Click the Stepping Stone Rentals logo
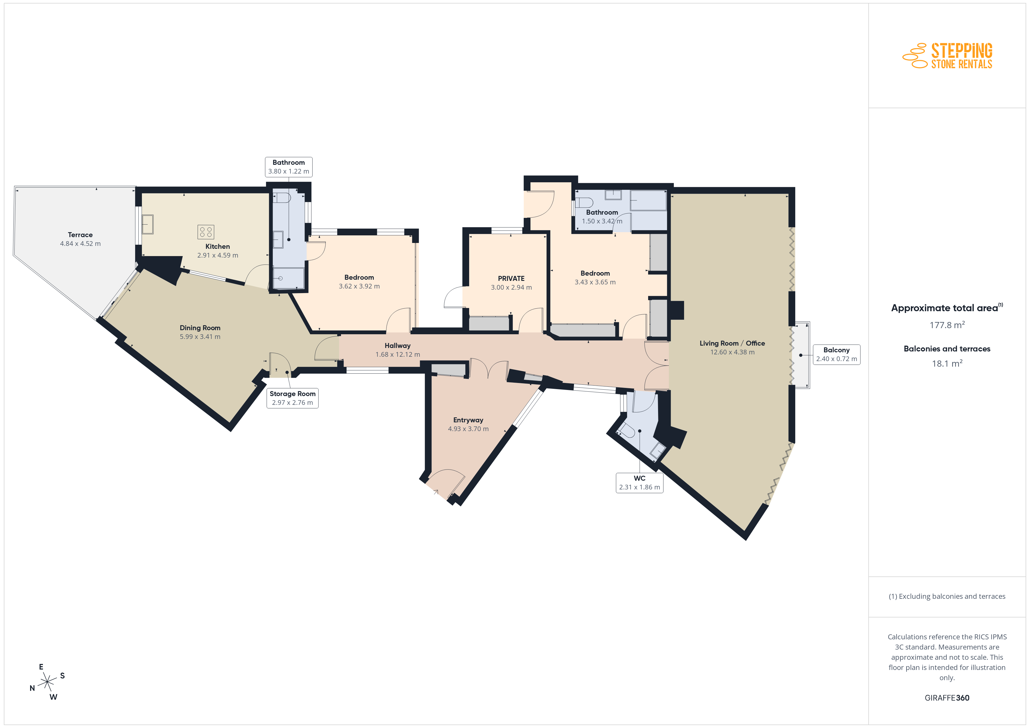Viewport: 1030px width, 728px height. [947, 56]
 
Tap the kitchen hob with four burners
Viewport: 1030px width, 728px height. [206, 232]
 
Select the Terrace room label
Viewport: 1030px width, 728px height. [80, 235]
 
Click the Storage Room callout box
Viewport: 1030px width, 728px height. [293, 398]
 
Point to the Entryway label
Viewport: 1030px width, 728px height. [468, 420]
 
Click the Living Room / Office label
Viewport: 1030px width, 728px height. [732, 343]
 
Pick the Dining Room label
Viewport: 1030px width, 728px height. [200, 328]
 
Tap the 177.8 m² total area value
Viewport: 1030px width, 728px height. [947, 325]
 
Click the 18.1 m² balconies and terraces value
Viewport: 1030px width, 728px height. [947, 363]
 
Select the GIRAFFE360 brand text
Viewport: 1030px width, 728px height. [947, 698]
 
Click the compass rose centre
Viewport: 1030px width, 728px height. [47, 682]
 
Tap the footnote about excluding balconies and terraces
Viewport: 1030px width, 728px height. [947, 596]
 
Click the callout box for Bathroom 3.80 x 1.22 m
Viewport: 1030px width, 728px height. [288, 167]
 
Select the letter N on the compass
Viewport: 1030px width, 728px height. [32, 688]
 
